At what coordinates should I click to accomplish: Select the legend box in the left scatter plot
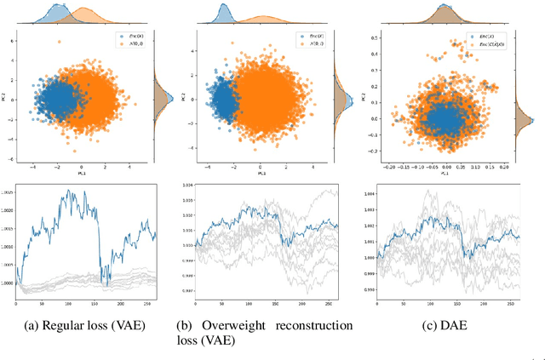tap(131, 43)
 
